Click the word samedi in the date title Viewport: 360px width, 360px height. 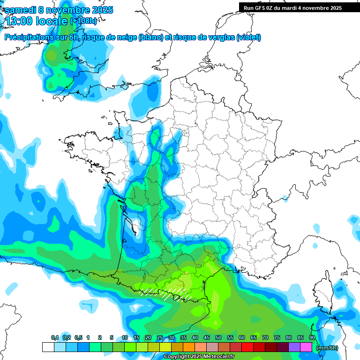21,10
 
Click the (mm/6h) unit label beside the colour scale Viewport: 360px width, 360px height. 327,348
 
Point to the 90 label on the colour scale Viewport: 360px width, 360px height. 312,338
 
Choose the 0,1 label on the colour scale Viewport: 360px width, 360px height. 54,338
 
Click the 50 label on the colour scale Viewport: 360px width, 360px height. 218,338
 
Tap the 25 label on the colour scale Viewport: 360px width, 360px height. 160,338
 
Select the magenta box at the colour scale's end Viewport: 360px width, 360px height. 306,347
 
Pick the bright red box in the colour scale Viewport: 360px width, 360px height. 247,347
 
